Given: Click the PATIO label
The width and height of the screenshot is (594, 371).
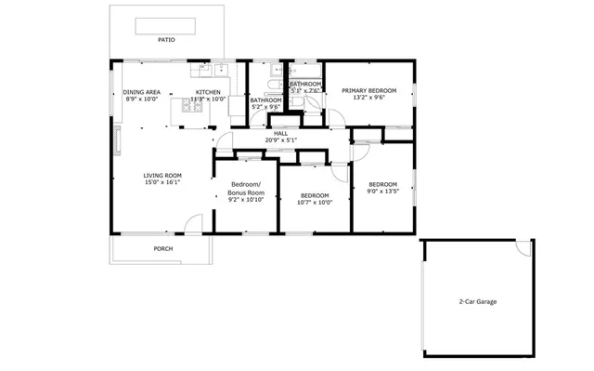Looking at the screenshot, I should coord(166,40).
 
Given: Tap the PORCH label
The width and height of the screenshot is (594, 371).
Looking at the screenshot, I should coord(163,248).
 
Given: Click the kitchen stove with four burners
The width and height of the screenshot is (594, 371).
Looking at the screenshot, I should coord(193,107).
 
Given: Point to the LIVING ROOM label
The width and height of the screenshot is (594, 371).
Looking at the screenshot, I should coord(161,175).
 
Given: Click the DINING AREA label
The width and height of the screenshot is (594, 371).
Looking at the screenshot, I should coord(142,92).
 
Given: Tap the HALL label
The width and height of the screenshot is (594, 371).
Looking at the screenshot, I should coord(280,134).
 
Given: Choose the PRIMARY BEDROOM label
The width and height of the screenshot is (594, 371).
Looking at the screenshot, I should coord(368,90).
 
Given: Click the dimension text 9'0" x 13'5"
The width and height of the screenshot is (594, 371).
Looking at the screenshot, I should coord(382,192).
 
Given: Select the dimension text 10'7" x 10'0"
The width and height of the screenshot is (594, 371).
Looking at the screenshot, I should coord(315,202).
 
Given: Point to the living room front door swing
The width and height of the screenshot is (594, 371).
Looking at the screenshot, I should coord(193,223).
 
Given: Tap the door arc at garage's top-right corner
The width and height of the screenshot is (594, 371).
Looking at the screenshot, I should coord(525,248).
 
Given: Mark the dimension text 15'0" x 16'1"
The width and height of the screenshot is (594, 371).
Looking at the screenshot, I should coord(161,183).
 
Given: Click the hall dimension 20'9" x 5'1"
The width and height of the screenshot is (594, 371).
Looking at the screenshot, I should coord(280,141).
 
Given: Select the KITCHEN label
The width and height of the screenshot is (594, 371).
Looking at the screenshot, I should coord(208,92).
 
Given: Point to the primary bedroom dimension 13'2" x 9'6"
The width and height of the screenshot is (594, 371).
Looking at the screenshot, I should coord(368,98).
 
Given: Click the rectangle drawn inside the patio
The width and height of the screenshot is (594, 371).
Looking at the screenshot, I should coord(167,25).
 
